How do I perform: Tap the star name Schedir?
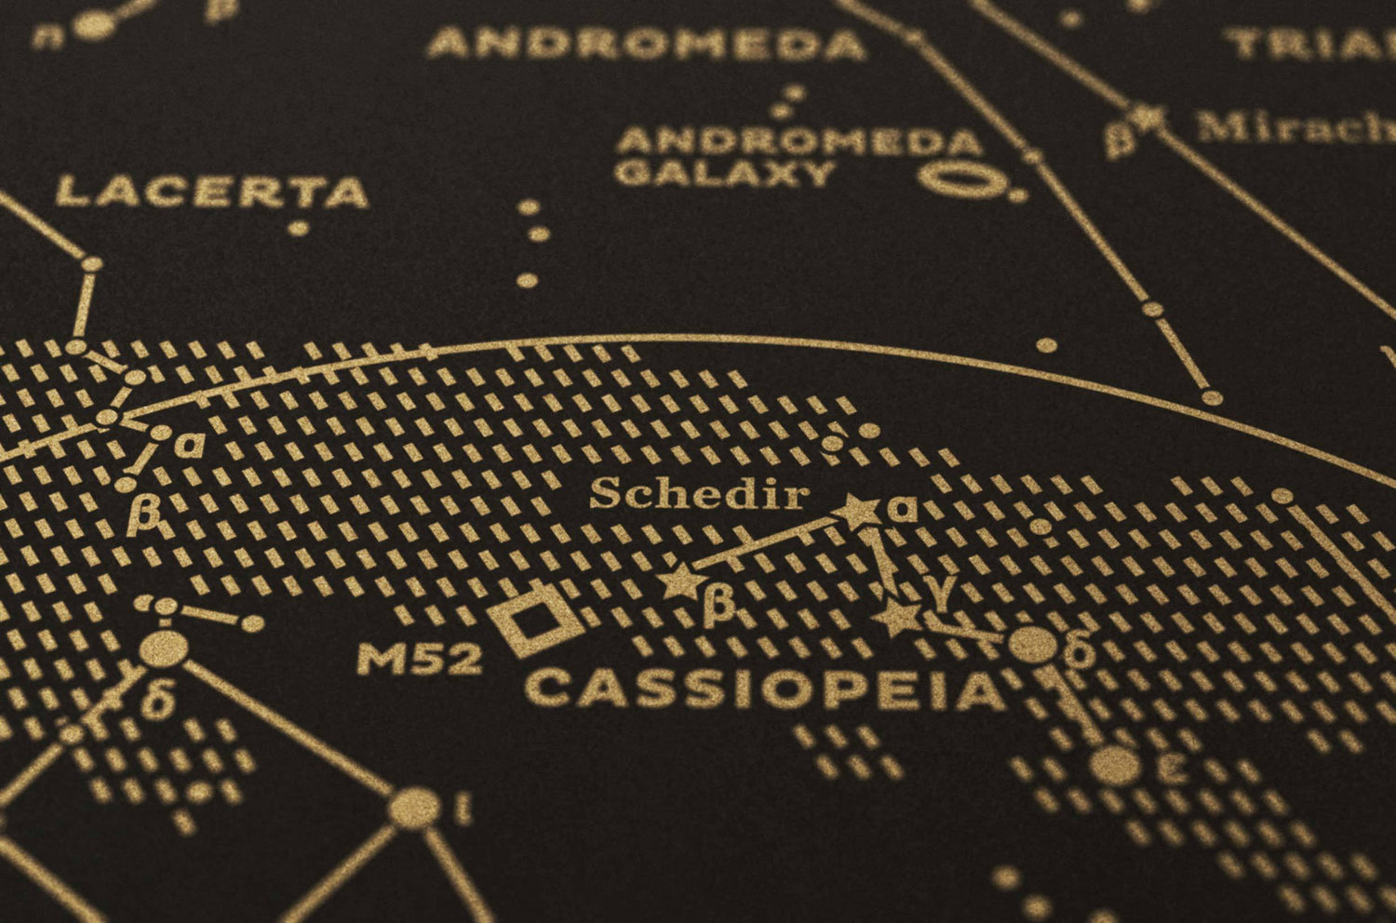click(x=698, y=493)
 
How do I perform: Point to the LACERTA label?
click(x=212, y=193)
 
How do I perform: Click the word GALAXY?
click(x=725, y=173)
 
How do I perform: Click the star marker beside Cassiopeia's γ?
click(x=898, y=618)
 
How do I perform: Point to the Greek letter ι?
click(x=463, y=809)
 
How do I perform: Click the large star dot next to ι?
click(x=414, y=808)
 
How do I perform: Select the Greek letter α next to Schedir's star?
click(x=902, y=508)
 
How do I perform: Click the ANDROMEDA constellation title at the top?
click(x=646, y=44)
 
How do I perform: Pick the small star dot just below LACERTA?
click(x=298, y=227)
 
